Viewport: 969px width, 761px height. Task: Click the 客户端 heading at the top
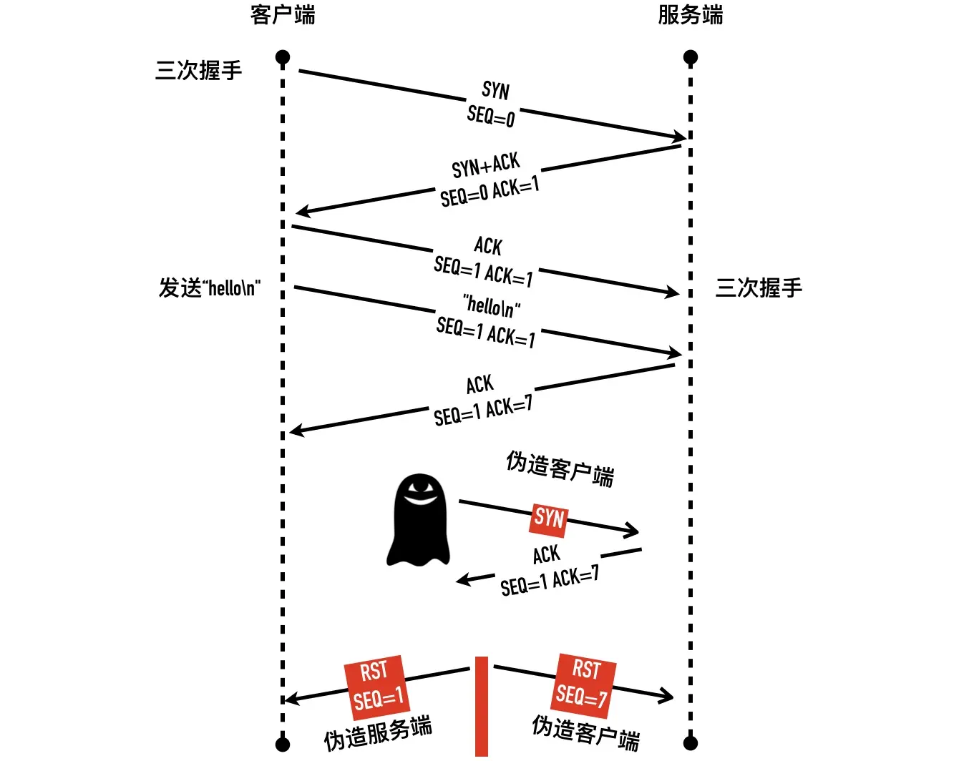pyautogui.click(x=283, y=15)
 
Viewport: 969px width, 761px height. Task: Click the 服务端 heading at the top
pyautogui.click(x=690, y=15)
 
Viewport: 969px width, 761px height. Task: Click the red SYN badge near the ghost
pyautogui.click(x=549, y=518)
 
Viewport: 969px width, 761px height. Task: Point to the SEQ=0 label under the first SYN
pyautogui.click(x=491, y=115)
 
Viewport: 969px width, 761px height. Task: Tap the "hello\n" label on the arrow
pyautogui.click(x=492, y=305)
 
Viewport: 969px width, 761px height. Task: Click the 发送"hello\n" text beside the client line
pyautogui.click(x=209, y=288)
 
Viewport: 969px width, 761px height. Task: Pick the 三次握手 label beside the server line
pyautogui.click(x=759, y=288)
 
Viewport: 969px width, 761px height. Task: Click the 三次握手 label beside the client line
pyautogui.click(x=198, y=70)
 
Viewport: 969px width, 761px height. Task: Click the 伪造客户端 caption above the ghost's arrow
pyautogui.click(x=560, y=468)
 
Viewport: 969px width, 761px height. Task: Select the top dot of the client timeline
pyautogui.click(x=283, y=57)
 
